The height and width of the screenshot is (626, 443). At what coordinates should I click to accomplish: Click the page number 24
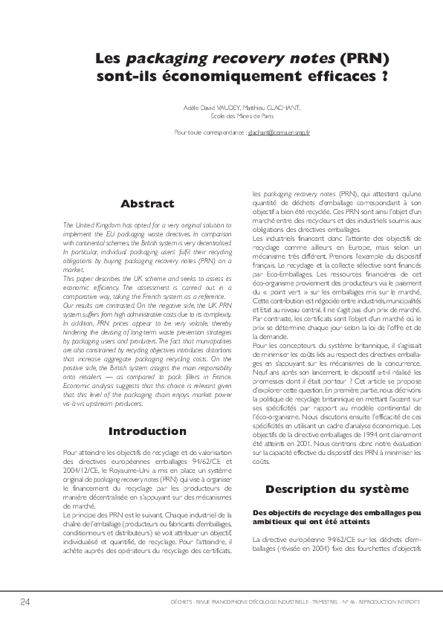pos(25,601)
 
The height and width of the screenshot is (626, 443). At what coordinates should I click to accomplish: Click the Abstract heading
pos(147,204)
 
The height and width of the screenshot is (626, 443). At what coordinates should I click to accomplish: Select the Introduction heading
pos(147,431)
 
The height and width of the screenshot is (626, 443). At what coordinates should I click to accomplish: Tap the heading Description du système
pos(337,488)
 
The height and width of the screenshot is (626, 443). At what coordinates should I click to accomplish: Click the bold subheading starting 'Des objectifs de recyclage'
pos(337,513)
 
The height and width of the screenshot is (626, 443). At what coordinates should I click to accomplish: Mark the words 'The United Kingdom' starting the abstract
pos(90,224)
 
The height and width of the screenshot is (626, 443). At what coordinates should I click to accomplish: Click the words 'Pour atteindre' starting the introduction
pos(81,451)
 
